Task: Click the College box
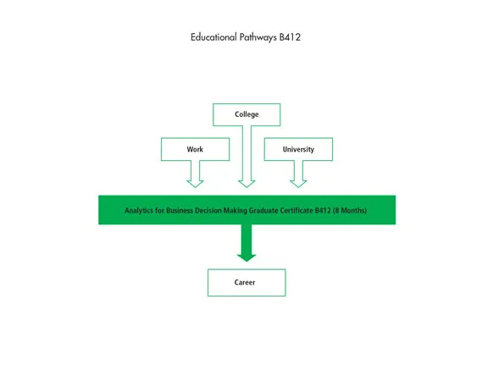246,114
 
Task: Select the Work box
195,149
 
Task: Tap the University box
298,149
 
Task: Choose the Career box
246,282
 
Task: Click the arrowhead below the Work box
195,181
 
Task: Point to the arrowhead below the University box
298,181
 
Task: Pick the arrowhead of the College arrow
246,182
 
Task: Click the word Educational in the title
213,38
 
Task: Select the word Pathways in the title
257,38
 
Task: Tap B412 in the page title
291,38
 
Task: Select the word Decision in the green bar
208,210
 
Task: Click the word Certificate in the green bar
293,210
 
